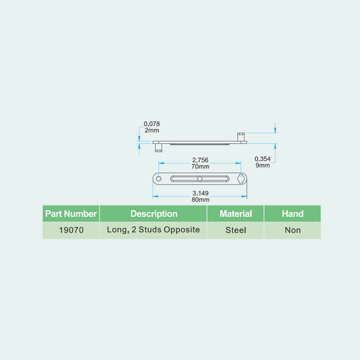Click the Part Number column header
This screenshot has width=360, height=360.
pos(71,213)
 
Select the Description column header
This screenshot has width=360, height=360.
pos(153,213)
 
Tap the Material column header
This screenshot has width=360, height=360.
pos(236,213)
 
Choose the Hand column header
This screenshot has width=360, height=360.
pos(292,213)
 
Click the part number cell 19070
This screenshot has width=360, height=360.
pos(71,230)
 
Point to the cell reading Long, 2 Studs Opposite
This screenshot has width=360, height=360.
pos(153,230)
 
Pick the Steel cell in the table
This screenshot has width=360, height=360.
pos(236,230)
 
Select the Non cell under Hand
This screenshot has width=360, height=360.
pos(292,230)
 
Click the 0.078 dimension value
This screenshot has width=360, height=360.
pos(151,124)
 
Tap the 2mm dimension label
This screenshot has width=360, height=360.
pos(151,130)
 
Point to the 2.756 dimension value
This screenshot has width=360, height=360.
pos(200,160)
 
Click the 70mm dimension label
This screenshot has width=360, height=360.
pos(200,166)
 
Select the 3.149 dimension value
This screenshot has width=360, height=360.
pos(200,193)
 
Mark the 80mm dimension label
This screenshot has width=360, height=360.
pos(200,199)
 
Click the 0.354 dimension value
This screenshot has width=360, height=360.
pos(263,159)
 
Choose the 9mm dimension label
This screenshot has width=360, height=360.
pos(263,165)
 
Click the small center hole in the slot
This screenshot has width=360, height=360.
pos(200,178)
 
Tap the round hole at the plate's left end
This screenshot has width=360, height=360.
pos(159,178)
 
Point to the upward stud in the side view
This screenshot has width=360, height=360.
pos(240,137)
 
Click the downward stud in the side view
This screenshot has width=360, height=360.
pos(159,148)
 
